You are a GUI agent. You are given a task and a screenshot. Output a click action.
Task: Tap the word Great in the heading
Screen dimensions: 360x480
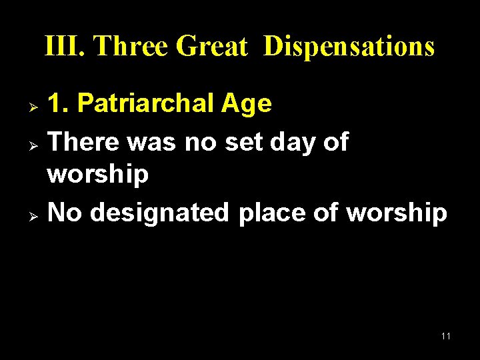(211, 47)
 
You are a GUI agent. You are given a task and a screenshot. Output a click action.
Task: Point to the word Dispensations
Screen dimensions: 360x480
(349, 47)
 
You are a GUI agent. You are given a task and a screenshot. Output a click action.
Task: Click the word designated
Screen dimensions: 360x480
(158, 213)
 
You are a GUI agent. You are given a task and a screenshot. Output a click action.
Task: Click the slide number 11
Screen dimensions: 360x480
(445, 336)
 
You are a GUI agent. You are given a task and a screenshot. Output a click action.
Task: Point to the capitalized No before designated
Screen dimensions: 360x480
(65, 213)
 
